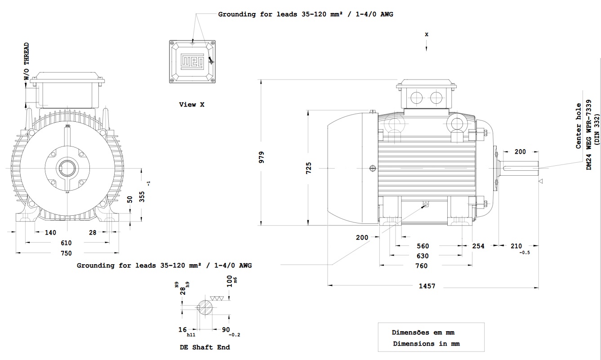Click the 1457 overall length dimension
(x=427, y=286)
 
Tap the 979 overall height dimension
(x=262, y=156)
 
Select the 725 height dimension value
(x=308, y=167)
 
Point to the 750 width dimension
(x=66, y=253)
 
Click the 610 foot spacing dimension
(x=66, y=243)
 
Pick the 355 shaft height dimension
(x=142, y=197)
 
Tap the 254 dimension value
(x=478, y=246)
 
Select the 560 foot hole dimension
(x=423, y=246)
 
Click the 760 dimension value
(x=421, y=266)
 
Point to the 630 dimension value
(x=423, y=256)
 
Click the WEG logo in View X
(x=192, y=62)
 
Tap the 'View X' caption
(x=191, y=104)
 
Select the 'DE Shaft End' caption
(x=205, y=347)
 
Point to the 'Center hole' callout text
(x=579, y=126)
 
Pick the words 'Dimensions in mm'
(x=426, y=343)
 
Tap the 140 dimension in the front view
(x=50, y=232)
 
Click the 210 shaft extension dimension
(x=516, y=246)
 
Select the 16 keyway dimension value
(x=182, y=329)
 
